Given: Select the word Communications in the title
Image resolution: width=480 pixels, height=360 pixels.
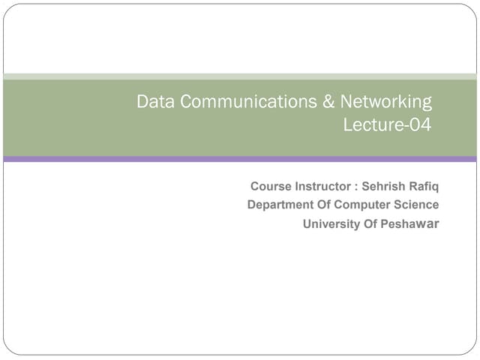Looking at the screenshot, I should click(244, 102).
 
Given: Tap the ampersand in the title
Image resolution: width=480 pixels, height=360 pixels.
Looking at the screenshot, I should click(328, 102).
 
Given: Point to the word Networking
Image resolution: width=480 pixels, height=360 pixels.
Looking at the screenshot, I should click(386, 103).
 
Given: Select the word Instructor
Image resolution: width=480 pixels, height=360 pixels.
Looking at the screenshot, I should click(322, 186).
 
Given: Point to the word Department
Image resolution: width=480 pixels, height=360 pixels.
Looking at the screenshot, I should click(280, 205).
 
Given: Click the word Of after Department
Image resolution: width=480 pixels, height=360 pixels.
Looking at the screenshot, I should click(324, 205).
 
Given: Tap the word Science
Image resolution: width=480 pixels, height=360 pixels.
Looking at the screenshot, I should click(415, 205).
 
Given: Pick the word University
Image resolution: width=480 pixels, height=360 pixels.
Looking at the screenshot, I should click(331, 224).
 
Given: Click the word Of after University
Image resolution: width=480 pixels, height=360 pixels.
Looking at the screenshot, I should click(370, 224).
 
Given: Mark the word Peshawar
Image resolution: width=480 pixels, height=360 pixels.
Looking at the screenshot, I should click(411, 224).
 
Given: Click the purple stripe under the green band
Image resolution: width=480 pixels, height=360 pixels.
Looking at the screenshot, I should click(240, 159).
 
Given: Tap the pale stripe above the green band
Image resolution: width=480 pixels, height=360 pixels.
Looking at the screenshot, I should click(240, 76).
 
